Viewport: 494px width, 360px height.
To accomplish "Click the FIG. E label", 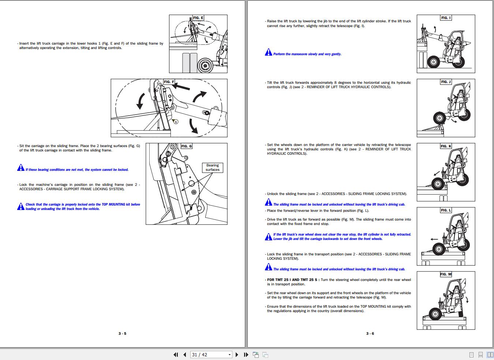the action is (x=198, y=18).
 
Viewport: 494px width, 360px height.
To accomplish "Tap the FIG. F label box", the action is (x=169, y=82).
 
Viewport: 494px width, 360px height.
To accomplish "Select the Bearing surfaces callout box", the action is (x=212, y=168).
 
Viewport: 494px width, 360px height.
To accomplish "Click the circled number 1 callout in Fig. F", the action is (x=176, y=122).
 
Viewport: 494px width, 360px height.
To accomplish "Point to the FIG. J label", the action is (x=446, y=82).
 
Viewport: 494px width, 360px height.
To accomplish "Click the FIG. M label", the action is (x=446, y=274).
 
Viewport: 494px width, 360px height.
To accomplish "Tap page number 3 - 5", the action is (x=122, y=334).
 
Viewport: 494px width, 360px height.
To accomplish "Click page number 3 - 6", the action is (x=370, y=334).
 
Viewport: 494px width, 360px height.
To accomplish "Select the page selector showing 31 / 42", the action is (x=211, y=355).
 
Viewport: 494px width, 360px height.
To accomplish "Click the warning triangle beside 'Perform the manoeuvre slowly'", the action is (x=268, y=52).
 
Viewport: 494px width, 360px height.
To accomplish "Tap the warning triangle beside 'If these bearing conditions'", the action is (x=21, y=168).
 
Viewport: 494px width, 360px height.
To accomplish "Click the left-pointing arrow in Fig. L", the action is (x=434, y=239).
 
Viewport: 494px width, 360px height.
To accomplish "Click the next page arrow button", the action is (x=237, y=355).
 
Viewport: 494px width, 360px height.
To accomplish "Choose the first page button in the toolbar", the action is (x=176, y=355).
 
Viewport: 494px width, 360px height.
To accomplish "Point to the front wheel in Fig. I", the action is (x=434, y=62).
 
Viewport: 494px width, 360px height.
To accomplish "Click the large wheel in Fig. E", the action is (x=205, y=65).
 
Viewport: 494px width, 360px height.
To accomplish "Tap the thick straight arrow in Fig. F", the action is (x=181, y=87).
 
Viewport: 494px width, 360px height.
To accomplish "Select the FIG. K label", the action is (x=446, y=146).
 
